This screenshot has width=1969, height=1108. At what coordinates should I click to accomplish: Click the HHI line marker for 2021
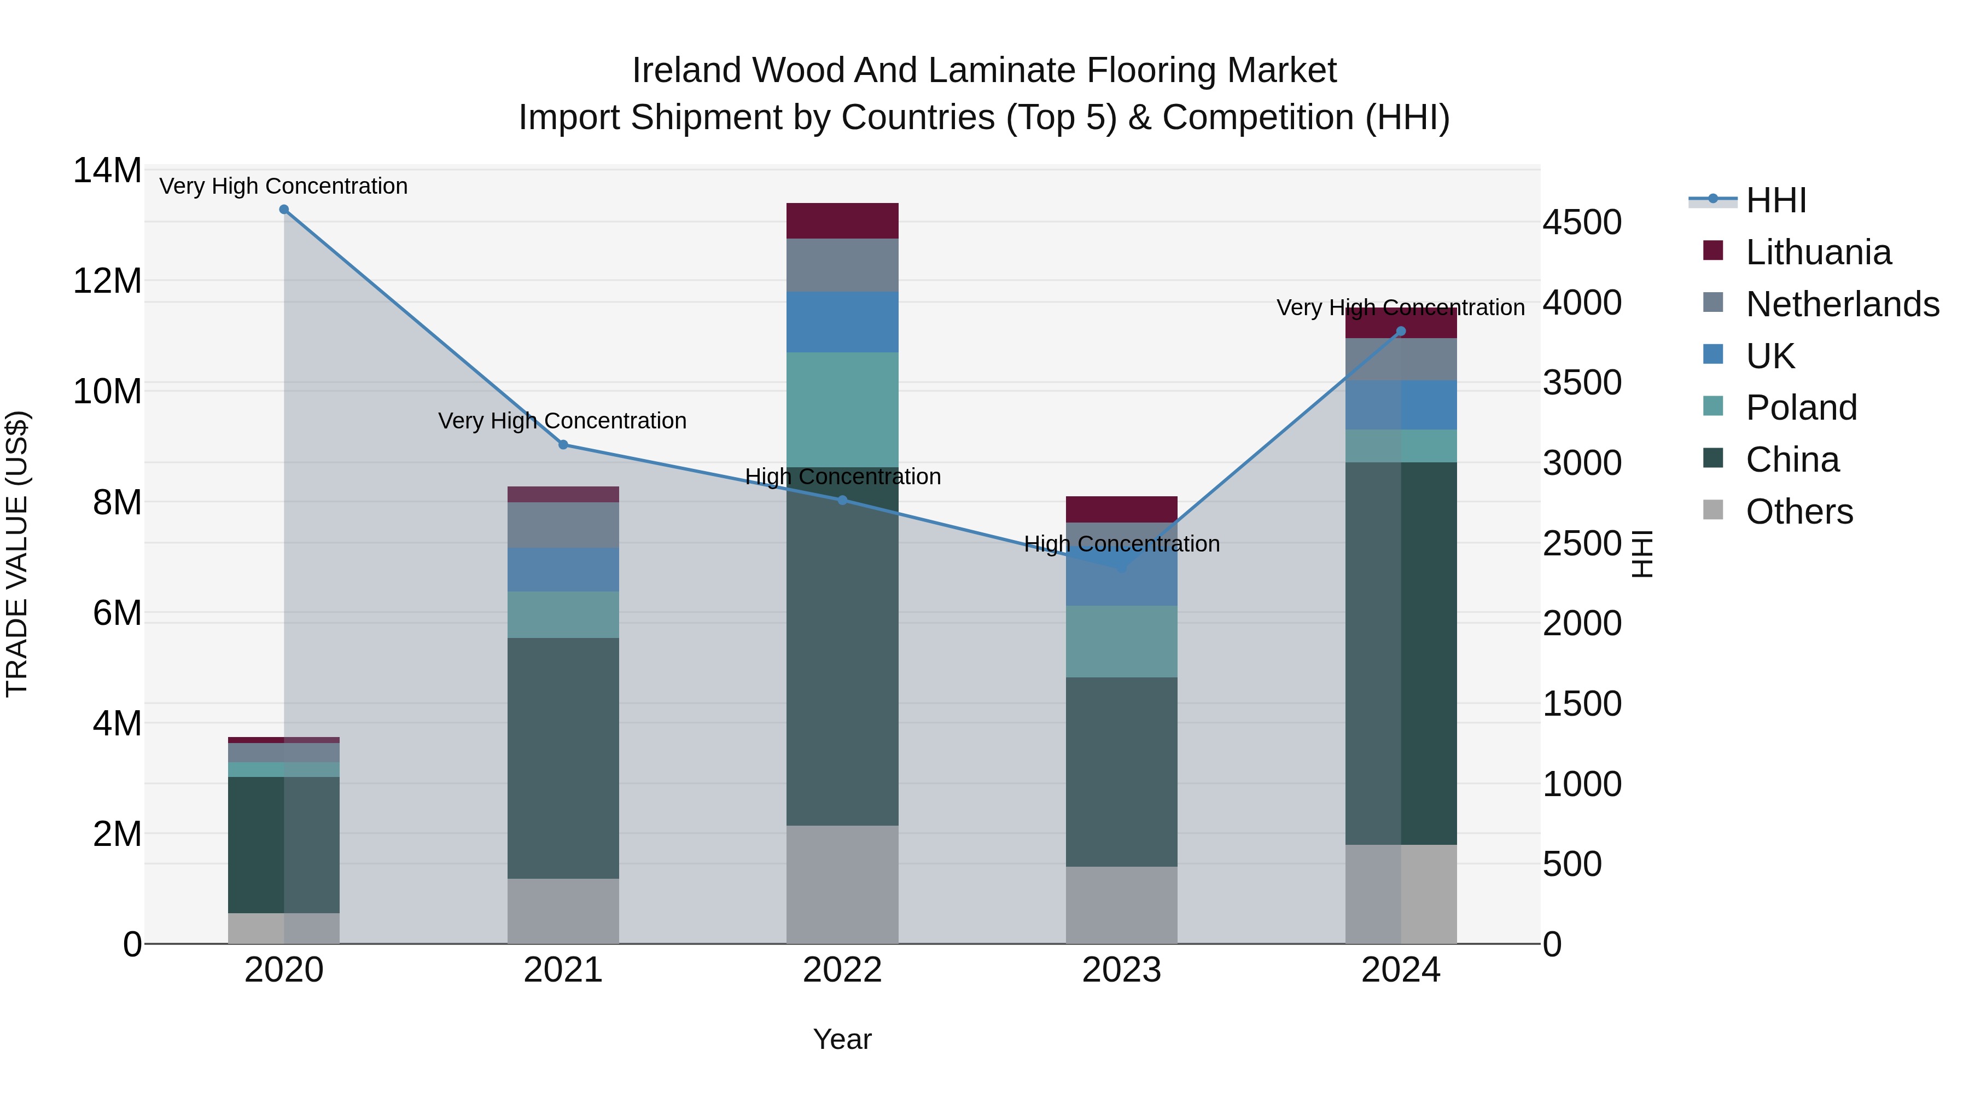pyautogui.click(x=563, y=444)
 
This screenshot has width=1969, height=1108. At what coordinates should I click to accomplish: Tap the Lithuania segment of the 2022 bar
pyautogui.click(x=842, y=221)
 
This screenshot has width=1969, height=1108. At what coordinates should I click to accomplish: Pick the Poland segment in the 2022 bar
pyautogui.click(x=842, y=409)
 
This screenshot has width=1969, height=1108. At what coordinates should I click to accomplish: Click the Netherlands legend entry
pyautogui.click(x=1842, y=304)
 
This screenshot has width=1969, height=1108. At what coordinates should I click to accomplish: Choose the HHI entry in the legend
pyautogui.click(x=1775, y=200)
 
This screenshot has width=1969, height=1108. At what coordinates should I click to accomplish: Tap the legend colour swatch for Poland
pyautogui.click(x=1714, y=406)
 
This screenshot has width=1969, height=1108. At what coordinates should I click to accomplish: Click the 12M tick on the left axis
pyautogui.click(x=107, y=281)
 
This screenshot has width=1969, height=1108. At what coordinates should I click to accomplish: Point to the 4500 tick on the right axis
pyautogui.click(x=1581, y=223)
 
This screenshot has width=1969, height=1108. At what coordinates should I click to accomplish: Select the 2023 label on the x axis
pyautogui.click(x=1121, y=970)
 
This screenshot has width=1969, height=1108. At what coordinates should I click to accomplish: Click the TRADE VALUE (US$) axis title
pyautogui.click(x=17, y=554)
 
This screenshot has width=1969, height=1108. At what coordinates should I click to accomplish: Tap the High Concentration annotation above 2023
pyautogui.click(x=1121, y=544)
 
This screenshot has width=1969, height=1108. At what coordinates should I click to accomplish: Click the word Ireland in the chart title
pyautogui.click(x=686, y=71)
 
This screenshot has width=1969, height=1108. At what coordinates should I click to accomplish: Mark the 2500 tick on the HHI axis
pyautogui.click(x=1581, y=544)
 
